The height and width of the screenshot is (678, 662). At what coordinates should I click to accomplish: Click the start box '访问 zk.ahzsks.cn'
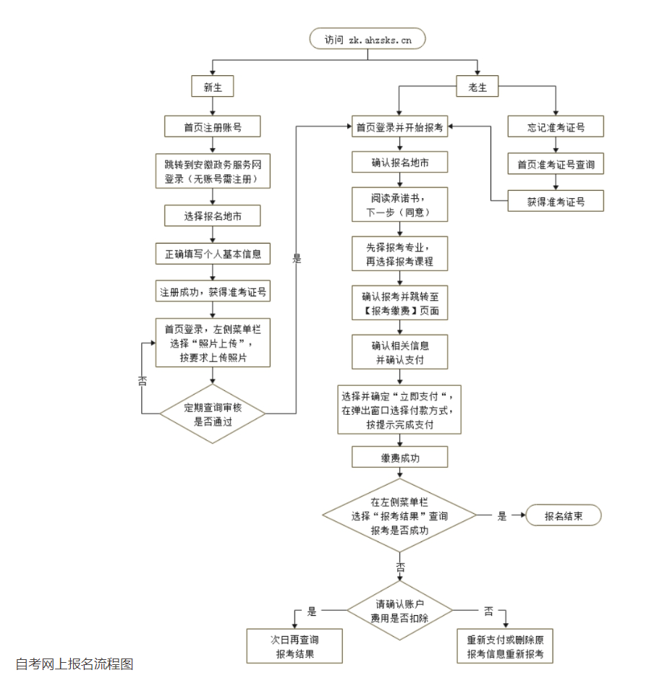(x=367, y=40)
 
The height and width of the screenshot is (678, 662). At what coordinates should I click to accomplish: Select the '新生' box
(x=212, y=87)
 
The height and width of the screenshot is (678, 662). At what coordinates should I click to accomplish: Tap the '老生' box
(x=477, y=87)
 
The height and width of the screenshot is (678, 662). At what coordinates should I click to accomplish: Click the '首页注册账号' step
(x=212, y=128)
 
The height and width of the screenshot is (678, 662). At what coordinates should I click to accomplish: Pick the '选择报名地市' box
(x=212, y=215)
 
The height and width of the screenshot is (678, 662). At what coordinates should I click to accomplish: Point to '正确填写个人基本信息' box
(x=212, y=254)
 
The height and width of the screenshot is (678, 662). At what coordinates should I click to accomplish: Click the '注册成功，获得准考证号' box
(x=213, y=293)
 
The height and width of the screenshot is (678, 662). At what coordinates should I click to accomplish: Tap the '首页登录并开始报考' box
(x=399, y=128)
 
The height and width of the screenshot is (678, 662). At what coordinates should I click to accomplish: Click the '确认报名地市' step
(x=399, y=163)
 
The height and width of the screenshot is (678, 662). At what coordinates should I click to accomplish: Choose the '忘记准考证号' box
(x=556, y=128)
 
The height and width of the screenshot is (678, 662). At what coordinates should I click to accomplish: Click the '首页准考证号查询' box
(x=556, y=165)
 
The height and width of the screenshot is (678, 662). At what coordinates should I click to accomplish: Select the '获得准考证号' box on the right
(x=556, y=202)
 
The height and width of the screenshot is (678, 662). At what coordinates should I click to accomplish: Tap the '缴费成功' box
(x=399, y=457)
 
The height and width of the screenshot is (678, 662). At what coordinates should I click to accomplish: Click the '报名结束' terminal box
(x=564, y=516)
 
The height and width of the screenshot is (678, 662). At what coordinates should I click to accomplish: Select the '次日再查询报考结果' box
(x=294, y=647)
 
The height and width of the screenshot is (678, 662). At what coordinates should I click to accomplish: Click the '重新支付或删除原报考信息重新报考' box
(x=505, y=647)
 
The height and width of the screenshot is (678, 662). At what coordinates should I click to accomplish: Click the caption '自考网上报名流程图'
(x=75, y=664)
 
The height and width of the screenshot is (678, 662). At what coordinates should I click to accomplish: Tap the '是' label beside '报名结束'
(x=502, y=517)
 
